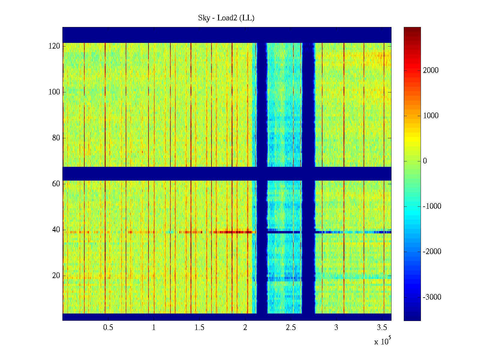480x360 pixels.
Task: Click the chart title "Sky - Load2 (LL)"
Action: click(x=226, y=18)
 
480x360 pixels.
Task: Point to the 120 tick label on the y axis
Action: click(x=54, y=46)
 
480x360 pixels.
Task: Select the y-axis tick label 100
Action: click(x=54, y=92)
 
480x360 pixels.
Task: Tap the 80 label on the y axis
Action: click(x=56, y=138)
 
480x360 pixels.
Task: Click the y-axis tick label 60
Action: click(x=56, y=184)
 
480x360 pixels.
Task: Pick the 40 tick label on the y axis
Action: click(x=56, y=230)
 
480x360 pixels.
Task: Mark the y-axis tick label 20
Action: click(x=56, y=276)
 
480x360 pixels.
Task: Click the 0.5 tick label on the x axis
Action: click(x=108, y=328)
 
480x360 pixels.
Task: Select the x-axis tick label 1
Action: click(x=154, y=328)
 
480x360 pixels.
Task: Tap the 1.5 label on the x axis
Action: click(x=199, y=328)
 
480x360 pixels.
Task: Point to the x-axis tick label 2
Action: click(x=245, y=328)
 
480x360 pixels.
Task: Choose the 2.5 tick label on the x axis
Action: click(x=291, y=328)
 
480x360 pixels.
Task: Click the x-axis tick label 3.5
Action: click(x=382, y=328)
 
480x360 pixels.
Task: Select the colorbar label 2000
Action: click(x=430, y=70)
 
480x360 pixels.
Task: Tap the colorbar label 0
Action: click(x=425, y=161)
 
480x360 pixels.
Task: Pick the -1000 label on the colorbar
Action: click(x=432, y=206)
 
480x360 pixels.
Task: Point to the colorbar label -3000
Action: click(x=432, y=297)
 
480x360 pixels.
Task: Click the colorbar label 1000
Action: click(x=430, y=116)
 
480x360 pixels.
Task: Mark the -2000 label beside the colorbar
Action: click(x=432, y=252)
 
